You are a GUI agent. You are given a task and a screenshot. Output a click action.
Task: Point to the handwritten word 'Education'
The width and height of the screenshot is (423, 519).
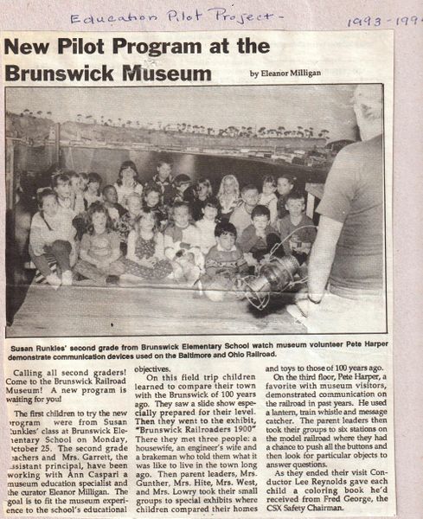pyautogui.click(x=102, y=16)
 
